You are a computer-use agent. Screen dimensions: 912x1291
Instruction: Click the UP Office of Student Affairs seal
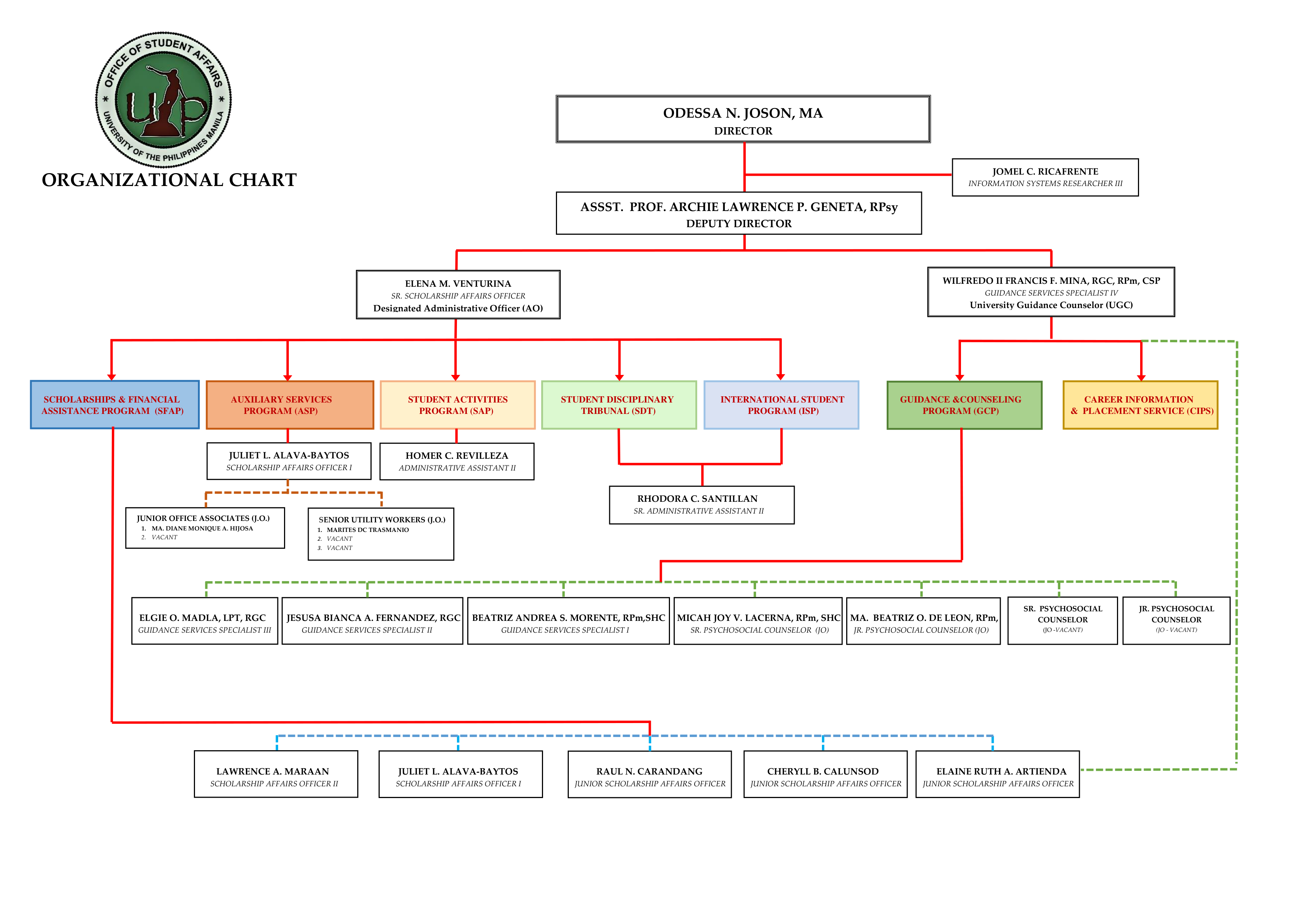(x=163, y=100)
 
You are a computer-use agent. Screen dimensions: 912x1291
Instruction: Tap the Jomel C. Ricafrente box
(x=1045, y=177)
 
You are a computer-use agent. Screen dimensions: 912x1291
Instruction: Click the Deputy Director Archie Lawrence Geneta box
(x=738, y=214)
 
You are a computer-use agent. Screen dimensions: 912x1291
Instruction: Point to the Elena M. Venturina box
(x=458, y=295)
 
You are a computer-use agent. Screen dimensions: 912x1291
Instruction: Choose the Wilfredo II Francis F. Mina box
(x=1050, y=292)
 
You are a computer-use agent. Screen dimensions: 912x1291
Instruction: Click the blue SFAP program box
(x=115, y=405)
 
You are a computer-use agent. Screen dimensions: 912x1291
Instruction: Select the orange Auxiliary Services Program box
(x=290, y=405)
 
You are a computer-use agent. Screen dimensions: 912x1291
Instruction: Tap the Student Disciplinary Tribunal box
(x=618, y=405)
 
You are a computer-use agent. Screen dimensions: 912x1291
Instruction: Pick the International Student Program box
(x=781, y=405)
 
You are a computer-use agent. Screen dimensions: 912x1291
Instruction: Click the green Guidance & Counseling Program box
(x=964, y=405)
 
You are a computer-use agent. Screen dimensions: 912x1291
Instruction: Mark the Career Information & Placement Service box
(x=1140, y=405)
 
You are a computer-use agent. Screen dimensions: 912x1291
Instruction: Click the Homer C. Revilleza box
(x=457, y=461)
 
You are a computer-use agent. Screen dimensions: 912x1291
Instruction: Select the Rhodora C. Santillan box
(x=701, y=505)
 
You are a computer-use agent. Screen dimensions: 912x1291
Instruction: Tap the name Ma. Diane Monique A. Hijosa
(x=202, y=528)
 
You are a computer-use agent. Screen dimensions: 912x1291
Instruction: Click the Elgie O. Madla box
(x=205, y=621)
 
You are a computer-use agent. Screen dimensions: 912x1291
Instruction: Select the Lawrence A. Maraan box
(x=276, y=774)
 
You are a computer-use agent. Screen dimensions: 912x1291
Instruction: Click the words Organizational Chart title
(x=169, y=180)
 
